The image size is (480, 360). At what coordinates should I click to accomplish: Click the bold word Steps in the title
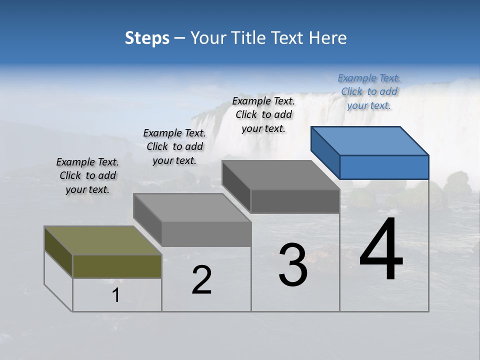pyautogui.click(x=147, y=38)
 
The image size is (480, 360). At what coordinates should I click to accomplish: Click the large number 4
pyautogui.click(x=381, y=250)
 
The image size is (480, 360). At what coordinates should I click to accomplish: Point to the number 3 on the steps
pyautogui.click(x=293, y=265)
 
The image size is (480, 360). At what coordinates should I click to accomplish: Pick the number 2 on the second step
pyautogui.click(x=202, y=280)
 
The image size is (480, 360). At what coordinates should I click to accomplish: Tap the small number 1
pyautogui.click(x=116, y=295)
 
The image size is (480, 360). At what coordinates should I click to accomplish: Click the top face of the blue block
pyautogui.click(x=369, y=140)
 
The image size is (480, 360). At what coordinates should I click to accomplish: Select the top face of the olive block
pyautogui.click(x=102, y=240)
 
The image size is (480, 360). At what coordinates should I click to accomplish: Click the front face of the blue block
pyautogui.click(x=384, y=167)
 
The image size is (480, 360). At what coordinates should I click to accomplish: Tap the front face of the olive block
pyautogui.click(x=117, y=266)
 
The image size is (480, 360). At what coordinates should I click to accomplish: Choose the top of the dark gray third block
pyautogui.click(x=280, y=175)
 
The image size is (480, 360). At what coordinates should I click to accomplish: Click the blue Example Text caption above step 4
pyautogui.click(x=369, y=91)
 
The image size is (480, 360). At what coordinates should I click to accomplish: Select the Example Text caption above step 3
pyautogui.click(x=263, y=114)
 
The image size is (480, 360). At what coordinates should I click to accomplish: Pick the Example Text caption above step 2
pyautogui.click(x=174, y=146)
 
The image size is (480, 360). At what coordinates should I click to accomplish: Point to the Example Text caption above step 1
pyautogui.click(x=87, y=175)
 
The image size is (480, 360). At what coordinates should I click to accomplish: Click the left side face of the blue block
pyautogui.click(x=325, y=152)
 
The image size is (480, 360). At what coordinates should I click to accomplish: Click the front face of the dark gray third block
pyautogui.click(x=295, y=201)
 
